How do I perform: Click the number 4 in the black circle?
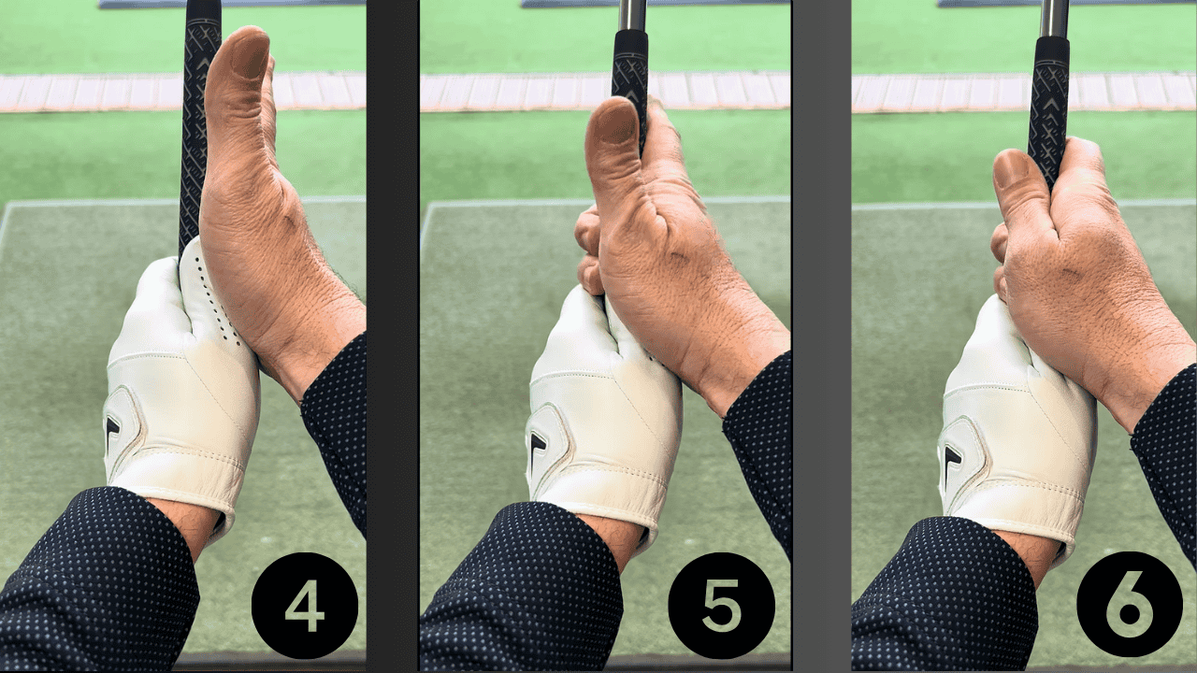click(x=304, y=606)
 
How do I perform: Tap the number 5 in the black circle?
click(x=721, y=606)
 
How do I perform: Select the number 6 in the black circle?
click(x=1130, y=604)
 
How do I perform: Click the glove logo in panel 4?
click(x=114, y=431)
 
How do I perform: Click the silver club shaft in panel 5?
click(x=632, y=14)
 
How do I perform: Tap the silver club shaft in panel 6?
click(x=1055, y=17)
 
